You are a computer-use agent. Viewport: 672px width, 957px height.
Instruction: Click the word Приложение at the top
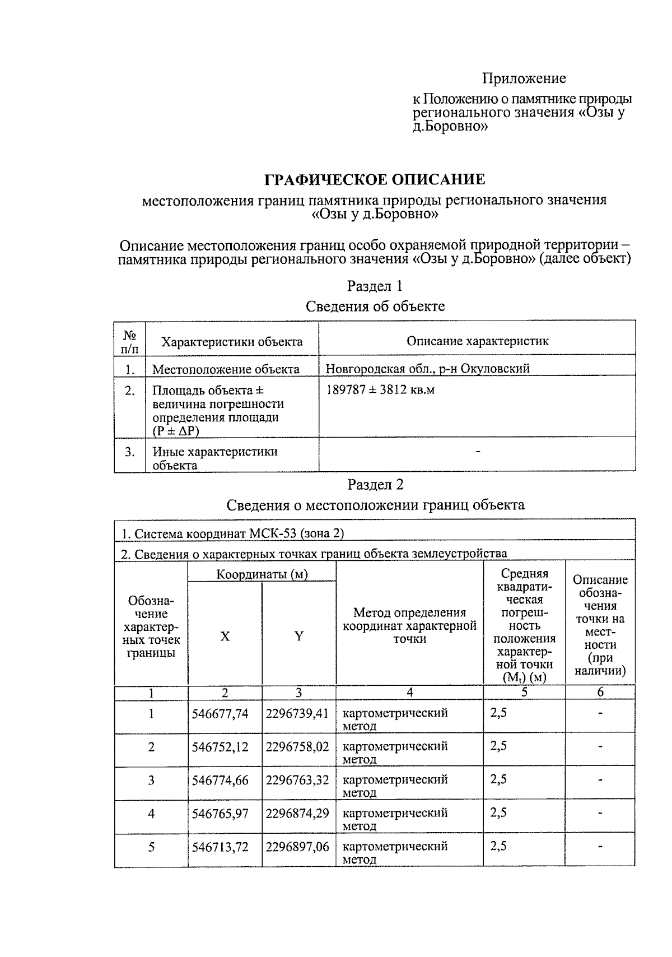coord(524,78)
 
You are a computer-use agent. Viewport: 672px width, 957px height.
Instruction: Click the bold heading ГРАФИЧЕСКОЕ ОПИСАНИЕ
coord(374,180)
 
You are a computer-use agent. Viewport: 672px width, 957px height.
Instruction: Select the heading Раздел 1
coord(375,286)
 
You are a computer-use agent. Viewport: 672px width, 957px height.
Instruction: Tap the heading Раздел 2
coord(375,485)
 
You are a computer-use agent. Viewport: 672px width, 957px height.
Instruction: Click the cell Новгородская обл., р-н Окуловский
coord(427,369)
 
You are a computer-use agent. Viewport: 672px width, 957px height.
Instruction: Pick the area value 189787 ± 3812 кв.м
coord(380,390)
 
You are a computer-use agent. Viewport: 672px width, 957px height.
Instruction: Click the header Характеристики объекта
coord(232,342)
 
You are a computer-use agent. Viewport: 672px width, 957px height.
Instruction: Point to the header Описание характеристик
coord(477,341)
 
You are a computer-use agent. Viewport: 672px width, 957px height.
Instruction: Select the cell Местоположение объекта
coord(226,369)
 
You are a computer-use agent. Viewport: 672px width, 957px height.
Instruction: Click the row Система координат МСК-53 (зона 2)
coord(233,533)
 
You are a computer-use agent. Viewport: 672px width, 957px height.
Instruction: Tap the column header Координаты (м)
coord(262,574)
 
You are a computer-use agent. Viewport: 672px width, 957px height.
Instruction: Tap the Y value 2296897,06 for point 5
coord(297,847)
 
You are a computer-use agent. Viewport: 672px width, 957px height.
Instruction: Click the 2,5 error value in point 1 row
coord(498,713)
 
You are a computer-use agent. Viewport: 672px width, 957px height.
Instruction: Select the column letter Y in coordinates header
coord(299,636)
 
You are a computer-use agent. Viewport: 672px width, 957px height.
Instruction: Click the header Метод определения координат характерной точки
coord(409,626)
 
